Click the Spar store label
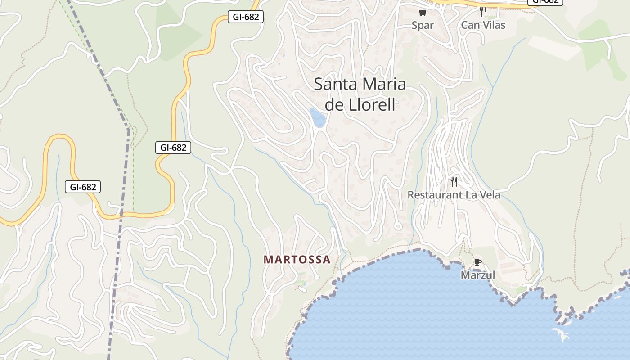423,25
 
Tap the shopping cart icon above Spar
423,13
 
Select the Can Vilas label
483,25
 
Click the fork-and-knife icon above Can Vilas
483,11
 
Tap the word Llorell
372,105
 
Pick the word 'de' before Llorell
334,105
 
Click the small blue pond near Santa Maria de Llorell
318,117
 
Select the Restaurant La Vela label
454,195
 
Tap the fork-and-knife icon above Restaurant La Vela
454,182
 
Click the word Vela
489,195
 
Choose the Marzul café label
478,275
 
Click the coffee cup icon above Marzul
478,262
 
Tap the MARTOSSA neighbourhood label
297,260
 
